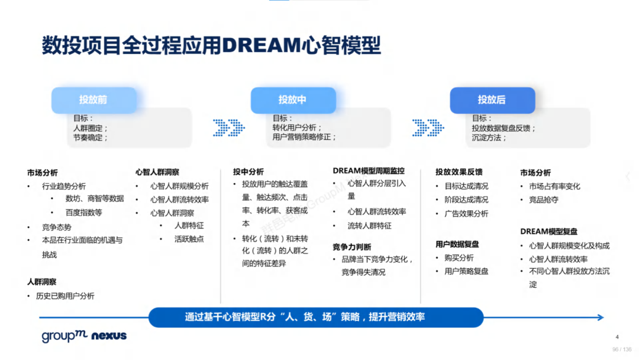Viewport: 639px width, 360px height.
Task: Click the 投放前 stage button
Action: point(93,100)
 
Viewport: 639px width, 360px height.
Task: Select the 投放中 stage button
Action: point(293,100)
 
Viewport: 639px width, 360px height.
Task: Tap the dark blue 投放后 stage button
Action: point(492,100)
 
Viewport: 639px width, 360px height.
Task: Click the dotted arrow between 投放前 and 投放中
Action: point(228,128)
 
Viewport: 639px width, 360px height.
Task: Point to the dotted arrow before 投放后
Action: point(428,128)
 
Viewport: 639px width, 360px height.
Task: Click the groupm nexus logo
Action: point(84,336)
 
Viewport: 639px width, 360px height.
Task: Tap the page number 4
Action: point(617,337)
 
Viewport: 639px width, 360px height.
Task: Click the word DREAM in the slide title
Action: point(262,45)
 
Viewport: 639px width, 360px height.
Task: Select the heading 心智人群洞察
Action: point(157,172)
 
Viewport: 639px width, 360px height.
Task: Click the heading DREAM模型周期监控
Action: point(369,171)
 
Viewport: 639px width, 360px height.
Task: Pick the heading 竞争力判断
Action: point(352,247)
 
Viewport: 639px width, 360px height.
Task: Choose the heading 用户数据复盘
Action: point(457,244)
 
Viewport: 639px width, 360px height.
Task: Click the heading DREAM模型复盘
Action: point(549,232)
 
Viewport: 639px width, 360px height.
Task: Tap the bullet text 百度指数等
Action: point(84,213)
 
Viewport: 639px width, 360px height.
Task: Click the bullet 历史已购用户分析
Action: point(65,296)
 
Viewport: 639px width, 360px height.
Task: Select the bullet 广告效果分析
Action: point(466,214)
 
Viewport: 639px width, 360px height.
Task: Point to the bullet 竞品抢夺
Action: point(544,200)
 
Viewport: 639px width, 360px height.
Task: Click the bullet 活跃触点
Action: point(189,239)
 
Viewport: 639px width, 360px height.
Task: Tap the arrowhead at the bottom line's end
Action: point(601,317)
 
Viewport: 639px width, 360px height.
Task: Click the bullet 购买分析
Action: point(459,258)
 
